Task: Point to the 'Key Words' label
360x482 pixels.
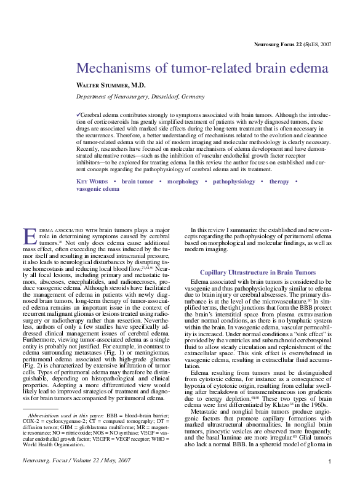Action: tap(92, 182)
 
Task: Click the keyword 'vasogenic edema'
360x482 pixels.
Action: tap(98, 189)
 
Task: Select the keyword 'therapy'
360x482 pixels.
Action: tap(279, 182)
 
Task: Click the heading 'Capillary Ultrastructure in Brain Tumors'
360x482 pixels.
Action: tap(257, 272)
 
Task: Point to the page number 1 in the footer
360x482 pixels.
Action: tap(329, 462)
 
